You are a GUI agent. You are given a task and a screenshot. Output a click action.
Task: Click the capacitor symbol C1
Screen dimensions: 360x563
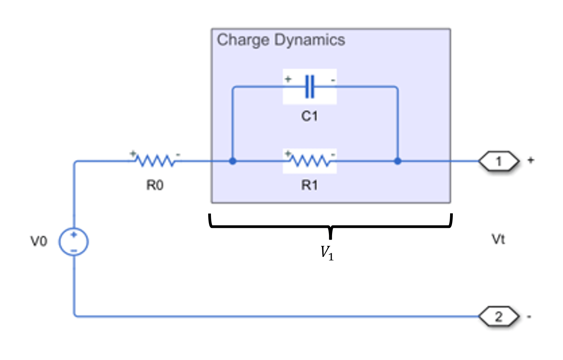point(310,87)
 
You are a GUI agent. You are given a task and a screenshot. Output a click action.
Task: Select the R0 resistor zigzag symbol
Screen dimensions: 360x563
point(155,161)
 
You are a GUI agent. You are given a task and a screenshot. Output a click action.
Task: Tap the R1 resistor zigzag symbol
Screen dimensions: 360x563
point(310,161)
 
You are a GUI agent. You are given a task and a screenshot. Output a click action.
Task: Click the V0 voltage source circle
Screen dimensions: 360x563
point(74,242)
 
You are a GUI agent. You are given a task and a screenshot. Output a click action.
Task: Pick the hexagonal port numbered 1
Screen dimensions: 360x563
point(499,161)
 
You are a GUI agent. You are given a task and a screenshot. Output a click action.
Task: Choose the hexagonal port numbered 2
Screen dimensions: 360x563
point(499,316)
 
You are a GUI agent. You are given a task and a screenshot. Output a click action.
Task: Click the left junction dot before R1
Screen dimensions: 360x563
point(232,161)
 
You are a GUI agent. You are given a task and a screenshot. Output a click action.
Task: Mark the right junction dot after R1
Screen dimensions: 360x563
point(398,161)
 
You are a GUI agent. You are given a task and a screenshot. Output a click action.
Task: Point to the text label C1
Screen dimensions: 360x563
point(310,116)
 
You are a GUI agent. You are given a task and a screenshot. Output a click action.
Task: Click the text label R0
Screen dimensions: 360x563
point(155,185)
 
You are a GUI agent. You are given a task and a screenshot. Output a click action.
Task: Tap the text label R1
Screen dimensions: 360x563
point(310,185)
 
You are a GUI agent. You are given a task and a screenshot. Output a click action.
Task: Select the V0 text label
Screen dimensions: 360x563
point(39,241)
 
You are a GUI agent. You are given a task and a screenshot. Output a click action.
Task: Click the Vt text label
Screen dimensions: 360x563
point(498,239)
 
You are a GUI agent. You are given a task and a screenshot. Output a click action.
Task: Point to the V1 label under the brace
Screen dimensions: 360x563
point(327,253)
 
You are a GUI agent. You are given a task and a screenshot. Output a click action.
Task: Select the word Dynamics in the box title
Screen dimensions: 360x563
point(310,40)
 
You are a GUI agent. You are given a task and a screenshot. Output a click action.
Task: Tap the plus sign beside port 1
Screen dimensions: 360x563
point(530,160)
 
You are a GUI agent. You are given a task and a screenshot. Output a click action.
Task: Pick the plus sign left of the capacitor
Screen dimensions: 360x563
point(288,79)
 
